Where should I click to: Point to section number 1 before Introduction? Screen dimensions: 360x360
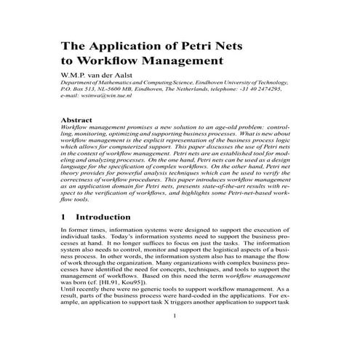tap(63, 217)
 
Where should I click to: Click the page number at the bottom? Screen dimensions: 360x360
tap(175, 336)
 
